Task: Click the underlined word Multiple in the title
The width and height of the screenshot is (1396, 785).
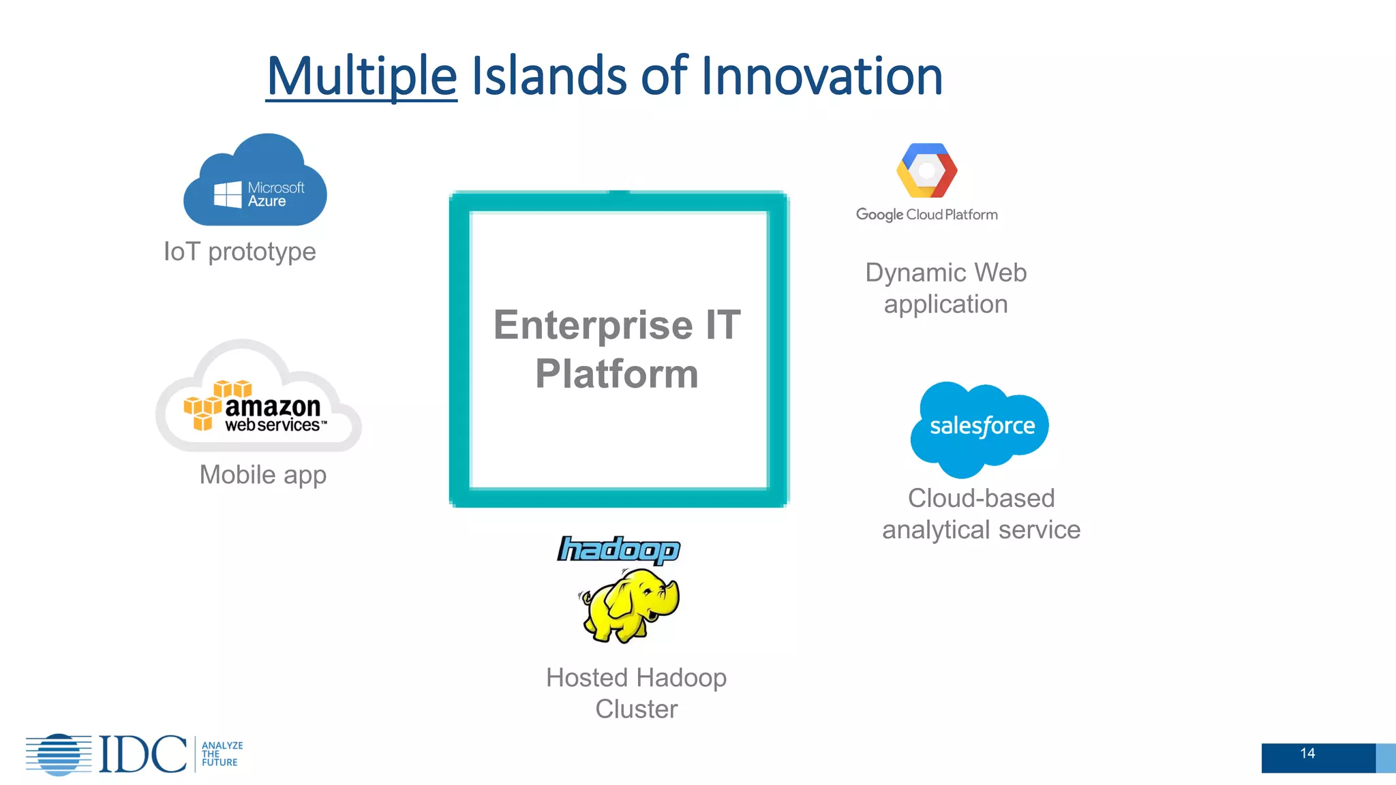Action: pyautogui.click(x=361, y=76)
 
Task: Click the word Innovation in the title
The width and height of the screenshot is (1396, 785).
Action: pyautogui.click(x=821, y=76)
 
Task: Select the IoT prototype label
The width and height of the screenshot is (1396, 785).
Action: pyautogui.click(x=240, y=251)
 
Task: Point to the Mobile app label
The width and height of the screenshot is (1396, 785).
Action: pyautogui.click(x=263, y=475)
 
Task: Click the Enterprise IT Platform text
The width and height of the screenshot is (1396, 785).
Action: pyautogui.click(x=617, y=349)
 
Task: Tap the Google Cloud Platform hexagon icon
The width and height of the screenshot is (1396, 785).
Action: pyautogui.click(x=926, y=170)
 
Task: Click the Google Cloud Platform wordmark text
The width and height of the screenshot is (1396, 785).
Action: pyautogui.click(x=926, y=215)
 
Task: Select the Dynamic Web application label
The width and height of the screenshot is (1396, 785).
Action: pyautogui.click(x=945, y=288)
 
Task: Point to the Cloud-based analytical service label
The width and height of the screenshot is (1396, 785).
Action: pyautogui.click(x=981, y=514)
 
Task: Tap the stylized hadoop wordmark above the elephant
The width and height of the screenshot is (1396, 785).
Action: pyautogui.click(x=619, y=549)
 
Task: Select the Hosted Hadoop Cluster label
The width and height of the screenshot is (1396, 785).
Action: pyautogui.click(x=636, y=693)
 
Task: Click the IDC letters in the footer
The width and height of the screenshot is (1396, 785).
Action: pyautogui.click(x=142, y=754)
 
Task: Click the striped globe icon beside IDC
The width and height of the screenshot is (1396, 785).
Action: pyautogui.click(x=59, y=754)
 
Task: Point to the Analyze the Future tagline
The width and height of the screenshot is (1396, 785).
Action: pyautogui.click(x=222, y=754)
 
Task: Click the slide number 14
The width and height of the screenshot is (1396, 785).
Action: pyautogui.click(x=1307, y=754)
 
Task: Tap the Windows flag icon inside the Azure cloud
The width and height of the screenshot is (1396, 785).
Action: pyautogui.click(x=228, y=194)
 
